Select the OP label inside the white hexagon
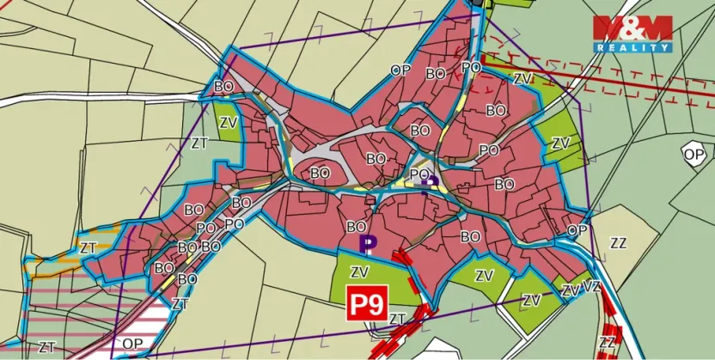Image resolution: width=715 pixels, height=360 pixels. pos(693,154)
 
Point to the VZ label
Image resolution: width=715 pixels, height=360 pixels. pos(591,286)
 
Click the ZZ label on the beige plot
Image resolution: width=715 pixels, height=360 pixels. pos(618,242)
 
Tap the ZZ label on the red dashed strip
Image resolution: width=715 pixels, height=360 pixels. pos(607,343)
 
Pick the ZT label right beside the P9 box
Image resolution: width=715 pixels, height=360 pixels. pos(397,319)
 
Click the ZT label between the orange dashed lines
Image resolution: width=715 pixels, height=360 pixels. pos(88,247)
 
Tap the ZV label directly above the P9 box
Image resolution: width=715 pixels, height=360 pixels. pos(360,272)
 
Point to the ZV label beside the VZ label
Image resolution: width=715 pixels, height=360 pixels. pos(570,291)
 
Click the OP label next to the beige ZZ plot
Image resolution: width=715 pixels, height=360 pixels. pos(577,230)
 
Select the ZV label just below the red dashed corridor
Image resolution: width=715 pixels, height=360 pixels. pos(522,78)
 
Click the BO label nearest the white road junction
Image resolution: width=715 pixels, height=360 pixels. pos(223,86)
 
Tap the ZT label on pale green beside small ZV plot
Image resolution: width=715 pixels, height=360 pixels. pos(199,143)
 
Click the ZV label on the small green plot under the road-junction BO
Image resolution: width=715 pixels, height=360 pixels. pos(228,122)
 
